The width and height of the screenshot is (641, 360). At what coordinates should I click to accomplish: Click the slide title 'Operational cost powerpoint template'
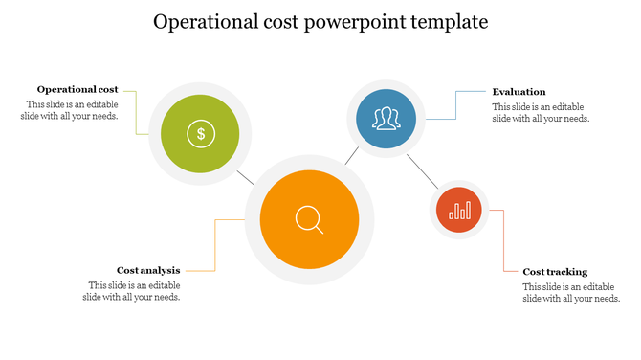320,21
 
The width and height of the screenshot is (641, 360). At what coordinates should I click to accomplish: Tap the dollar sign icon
201,133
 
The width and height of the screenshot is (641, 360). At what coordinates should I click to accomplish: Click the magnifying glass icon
309,220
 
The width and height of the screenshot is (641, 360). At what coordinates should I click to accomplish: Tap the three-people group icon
386,119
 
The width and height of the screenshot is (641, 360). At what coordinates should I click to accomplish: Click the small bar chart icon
460,210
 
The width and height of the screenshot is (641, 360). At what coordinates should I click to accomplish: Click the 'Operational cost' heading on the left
77,89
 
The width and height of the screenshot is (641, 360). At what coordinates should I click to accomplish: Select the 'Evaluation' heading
519,92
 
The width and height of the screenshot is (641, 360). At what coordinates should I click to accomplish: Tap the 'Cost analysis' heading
148,270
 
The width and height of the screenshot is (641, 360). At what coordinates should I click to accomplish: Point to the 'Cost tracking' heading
555,272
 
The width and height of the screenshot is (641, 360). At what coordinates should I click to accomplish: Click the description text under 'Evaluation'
541,113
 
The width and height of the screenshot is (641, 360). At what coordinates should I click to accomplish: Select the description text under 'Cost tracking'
571,293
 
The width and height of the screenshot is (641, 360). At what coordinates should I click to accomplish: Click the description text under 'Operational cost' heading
69,110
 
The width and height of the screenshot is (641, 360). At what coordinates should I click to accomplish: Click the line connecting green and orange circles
246,177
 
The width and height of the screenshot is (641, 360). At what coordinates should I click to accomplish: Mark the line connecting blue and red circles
422,169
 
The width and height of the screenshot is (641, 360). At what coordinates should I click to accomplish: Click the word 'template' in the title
450,21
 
